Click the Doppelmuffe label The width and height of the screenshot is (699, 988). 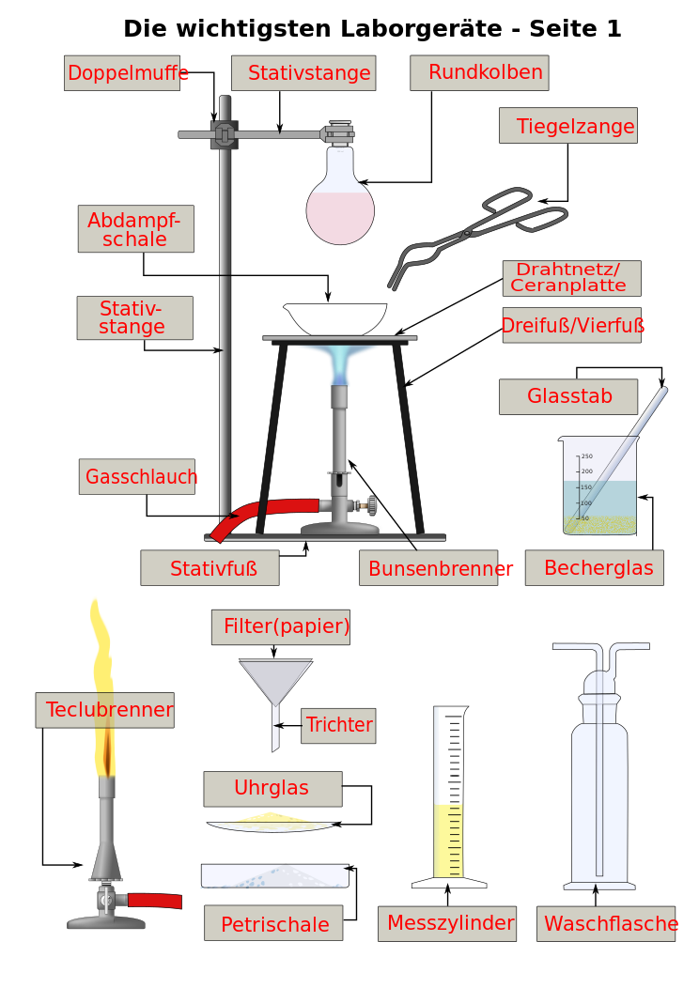point(126,73)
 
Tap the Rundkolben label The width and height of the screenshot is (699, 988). point(479,72)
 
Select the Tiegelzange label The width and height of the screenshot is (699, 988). point(568,126)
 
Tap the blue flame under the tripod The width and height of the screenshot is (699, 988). point(338,362)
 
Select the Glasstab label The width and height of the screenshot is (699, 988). point(568,396)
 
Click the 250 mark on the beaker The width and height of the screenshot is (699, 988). point(586,456)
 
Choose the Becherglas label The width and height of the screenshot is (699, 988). point(595,568)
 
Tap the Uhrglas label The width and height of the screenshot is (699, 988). point(272,789)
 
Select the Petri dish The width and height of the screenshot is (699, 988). point(274,875)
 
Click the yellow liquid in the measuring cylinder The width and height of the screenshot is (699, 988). point(448,841)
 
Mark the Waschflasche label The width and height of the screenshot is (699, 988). point(607,924)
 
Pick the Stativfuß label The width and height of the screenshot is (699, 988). point(210,568)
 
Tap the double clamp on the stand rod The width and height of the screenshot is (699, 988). point(224,134)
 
